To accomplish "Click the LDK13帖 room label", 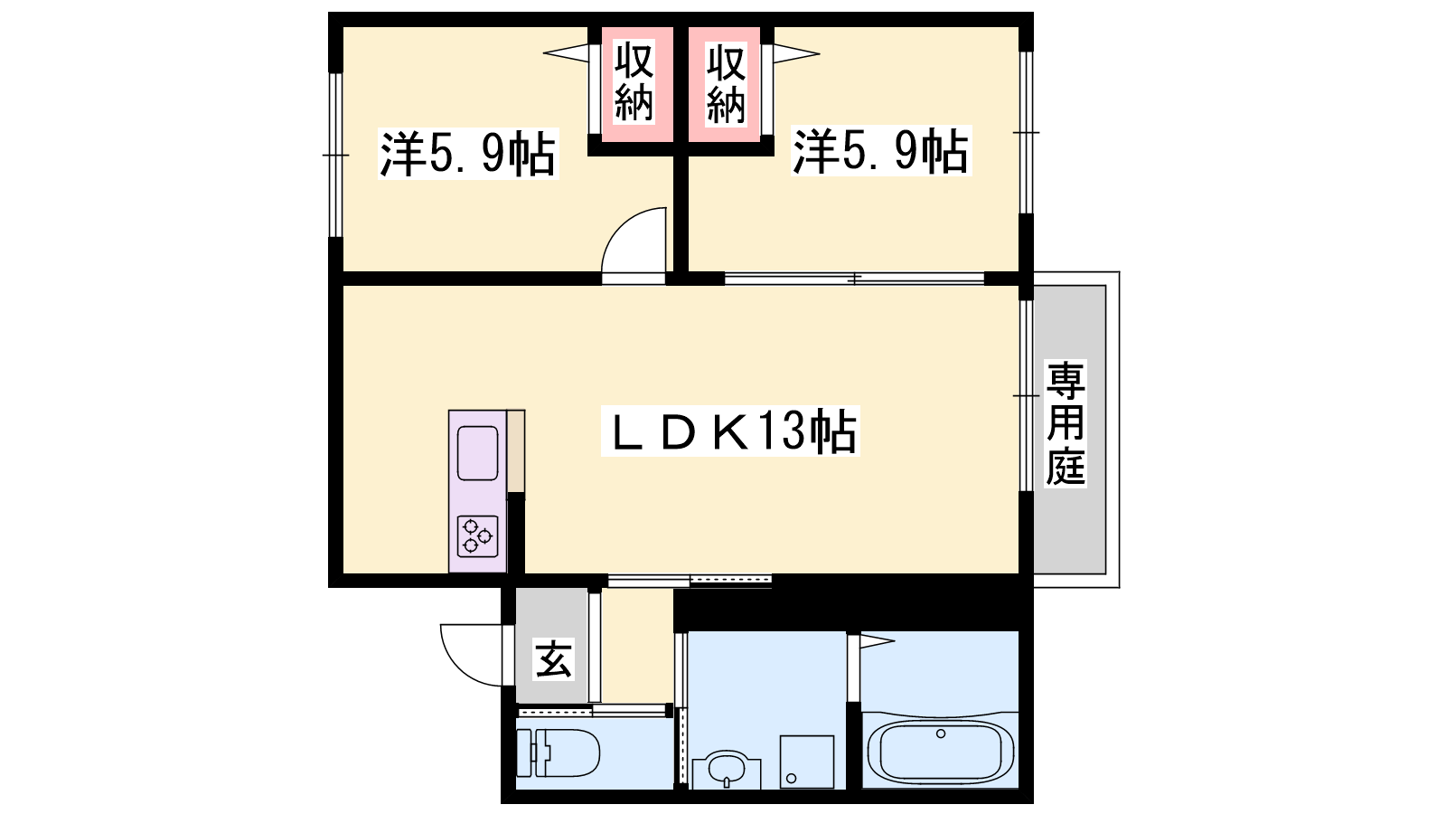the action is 730,431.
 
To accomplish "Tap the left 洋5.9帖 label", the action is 468,154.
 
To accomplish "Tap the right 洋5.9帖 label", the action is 881,151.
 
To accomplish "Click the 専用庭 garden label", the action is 1066,424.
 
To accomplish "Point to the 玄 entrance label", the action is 553,659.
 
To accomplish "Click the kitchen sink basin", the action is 478,453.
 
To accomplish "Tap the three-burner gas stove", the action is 478,536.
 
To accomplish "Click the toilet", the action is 559,752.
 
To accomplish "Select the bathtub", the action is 941,752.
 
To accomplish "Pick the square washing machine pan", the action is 807,762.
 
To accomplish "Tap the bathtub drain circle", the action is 941,734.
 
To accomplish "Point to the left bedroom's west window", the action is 335,155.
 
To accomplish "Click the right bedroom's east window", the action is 1027,132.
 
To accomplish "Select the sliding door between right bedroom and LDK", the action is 854,279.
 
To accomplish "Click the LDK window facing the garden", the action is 1027,395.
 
